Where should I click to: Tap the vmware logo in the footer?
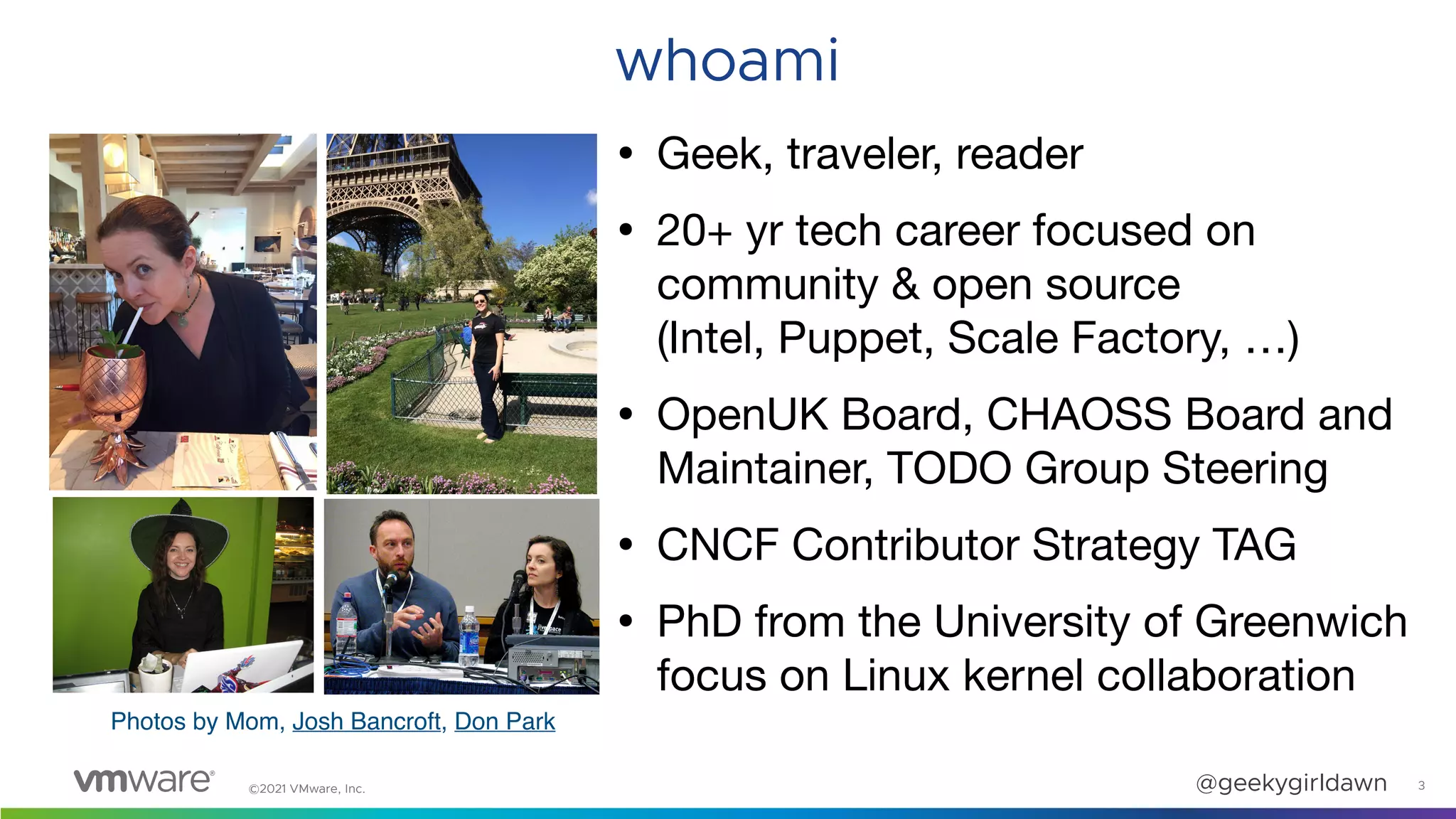coord(144,780)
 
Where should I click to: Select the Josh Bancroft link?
coord(366,722)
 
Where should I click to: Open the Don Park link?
coord(504,722)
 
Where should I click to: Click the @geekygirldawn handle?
coord(1291,783)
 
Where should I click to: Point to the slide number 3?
coord(1421,786)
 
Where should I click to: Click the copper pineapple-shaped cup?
coord(114,387)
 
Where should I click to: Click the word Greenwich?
coord(1300,621)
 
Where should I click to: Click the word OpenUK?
coord(742,414)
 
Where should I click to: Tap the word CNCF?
coord(717,545)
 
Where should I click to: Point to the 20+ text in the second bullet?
coord(694,231)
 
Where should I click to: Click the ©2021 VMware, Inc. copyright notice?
coord(306,788)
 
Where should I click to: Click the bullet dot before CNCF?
coord(626,545)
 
